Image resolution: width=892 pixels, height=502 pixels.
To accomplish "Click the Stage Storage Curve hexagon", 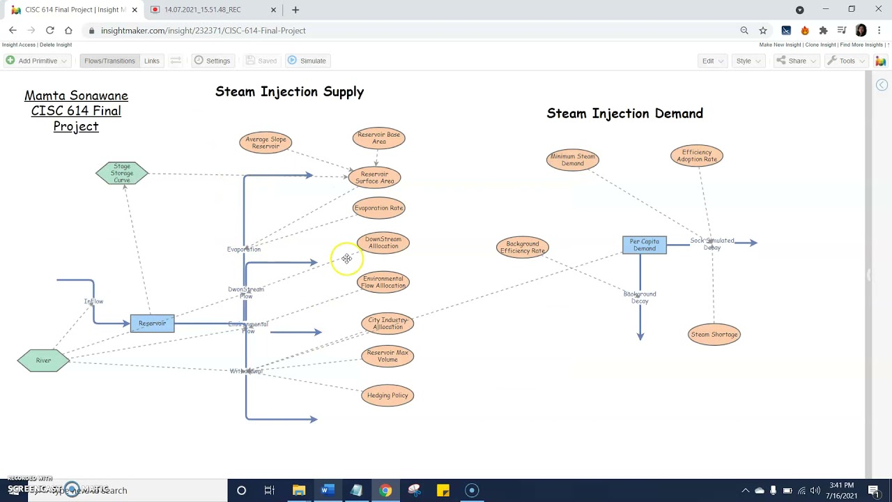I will click(x=122, y=174).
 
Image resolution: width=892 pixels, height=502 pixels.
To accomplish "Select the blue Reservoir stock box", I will click(x=152, y=324).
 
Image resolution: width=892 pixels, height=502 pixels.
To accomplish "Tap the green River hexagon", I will click(x=43, y=360).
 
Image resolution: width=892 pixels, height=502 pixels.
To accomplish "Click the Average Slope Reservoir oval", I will click(x=266, y=143).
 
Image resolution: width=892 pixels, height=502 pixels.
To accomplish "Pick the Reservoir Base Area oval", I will click(x=378, y=138).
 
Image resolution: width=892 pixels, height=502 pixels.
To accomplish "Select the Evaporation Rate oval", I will click(x=378, y=208).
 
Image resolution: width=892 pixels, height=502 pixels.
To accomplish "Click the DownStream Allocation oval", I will click(x=383, y=243).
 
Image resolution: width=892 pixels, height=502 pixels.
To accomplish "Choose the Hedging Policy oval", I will click(x=387, y=396).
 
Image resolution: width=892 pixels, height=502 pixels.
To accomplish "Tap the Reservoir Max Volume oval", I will click(x=387, y=356).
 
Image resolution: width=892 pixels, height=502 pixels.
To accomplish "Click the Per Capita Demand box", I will click(x=644, y=245).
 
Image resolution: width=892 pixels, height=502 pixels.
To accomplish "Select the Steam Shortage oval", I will click(x=714, y=335).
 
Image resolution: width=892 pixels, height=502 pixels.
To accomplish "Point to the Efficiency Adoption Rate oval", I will click(x=696, y=155).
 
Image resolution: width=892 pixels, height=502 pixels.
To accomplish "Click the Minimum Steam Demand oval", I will click(x=572, y=160).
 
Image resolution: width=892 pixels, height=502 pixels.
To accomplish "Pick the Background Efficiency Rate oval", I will click(x=522, y=248).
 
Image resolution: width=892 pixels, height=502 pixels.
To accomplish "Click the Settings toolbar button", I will click(x=212, y=61).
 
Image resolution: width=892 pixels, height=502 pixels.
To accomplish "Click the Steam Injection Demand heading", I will click(x=624, y=114).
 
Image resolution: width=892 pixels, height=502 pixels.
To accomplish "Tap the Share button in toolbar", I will click(x=796, y=61).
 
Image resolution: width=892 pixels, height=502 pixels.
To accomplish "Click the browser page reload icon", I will click(x=50, y=31).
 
